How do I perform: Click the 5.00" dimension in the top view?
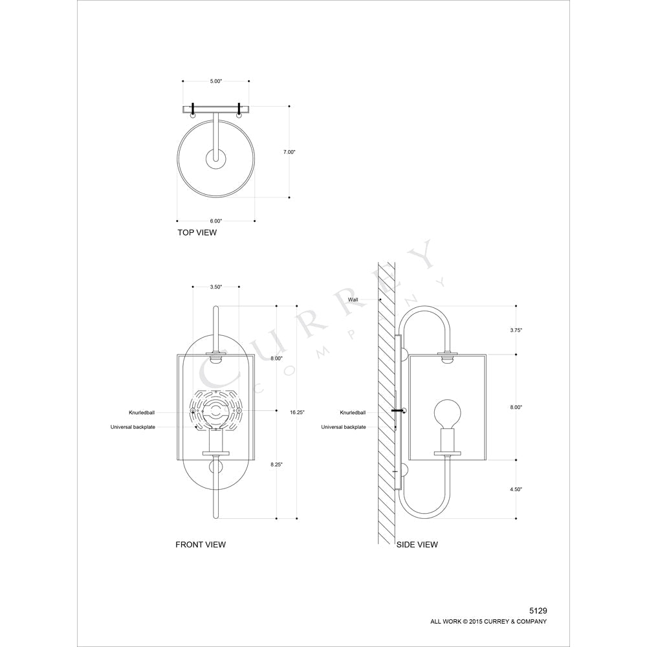point(216,82)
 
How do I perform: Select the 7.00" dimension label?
point(289,152)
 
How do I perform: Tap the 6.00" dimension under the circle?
point(216,221)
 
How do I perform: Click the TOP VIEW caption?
point(197,232)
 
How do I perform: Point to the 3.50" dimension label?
point(216,287)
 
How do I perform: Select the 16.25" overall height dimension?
point(297,411)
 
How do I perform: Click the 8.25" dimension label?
point(276,464)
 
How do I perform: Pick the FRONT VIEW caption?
point(201,545)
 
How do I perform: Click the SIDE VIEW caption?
point(417,545)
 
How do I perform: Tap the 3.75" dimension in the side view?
point(516,330)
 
